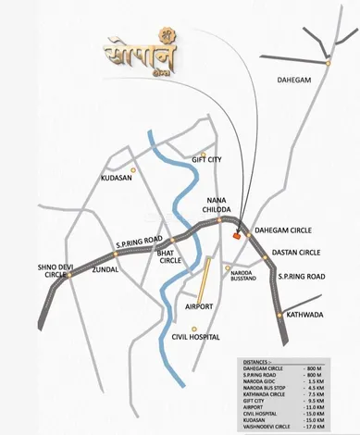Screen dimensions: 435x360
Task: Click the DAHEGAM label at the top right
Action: pos(296,81)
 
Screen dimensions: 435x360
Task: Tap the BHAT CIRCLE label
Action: pos(170,257)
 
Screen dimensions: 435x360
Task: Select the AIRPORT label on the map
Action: pos(199,306)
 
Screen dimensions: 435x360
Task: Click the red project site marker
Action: pos(238,237)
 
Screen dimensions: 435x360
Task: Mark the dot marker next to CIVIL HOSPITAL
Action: pos(192,328)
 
